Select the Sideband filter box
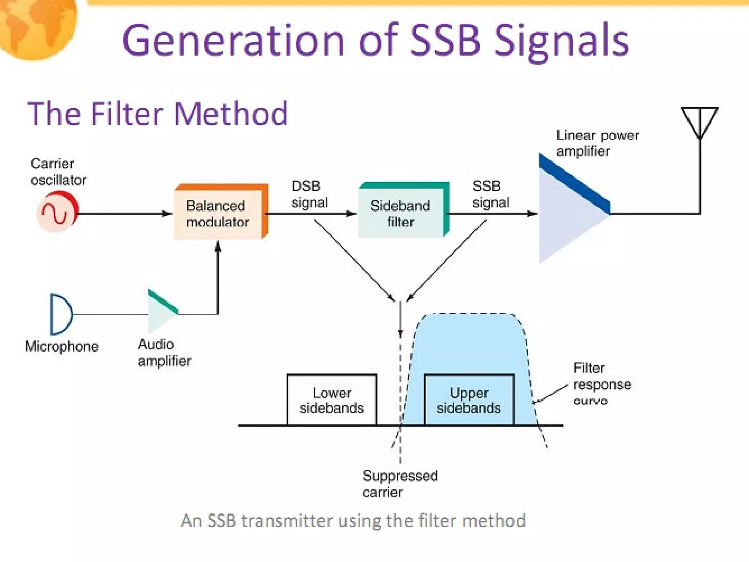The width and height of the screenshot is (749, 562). coord(401,213)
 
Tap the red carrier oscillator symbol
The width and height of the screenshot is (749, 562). coord(57,213)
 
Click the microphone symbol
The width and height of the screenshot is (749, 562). coord(60,314)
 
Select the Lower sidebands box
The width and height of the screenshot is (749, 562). coord(332,400)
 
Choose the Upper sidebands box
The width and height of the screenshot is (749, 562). coord(469,400)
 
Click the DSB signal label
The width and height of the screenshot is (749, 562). coord(309,194)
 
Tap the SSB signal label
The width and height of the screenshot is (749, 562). coord(490,194)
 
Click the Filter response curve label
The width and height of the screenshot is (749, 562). coord(602,384)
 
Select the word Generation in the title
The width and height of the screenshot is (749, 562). coord(234,40)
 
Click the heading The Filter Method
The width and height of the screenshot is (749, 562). coord(158,114)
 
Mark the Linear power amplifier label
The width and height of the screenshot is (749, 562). coord(597,143)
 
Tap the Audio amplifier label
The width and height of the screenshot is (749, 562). coord(164,353)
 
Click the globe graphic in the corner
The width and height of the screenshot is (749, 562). coord(37,26)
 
